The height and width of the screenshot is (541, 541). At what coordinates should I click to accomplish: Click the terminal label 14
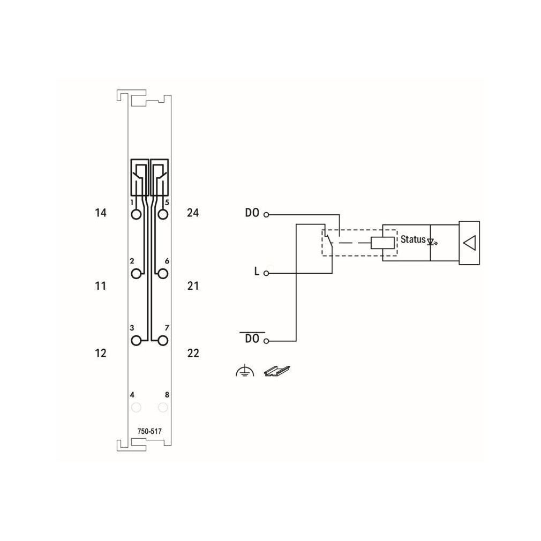pos(100,213)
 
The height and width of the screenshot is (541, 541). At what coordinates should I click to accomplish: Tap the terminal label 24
pos(193,213)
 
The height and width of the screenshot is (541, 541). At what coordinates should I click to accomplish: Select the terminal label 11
pos(100,285)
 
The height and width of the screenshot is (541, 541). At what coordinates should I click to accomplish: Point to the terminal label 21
pos(193,285)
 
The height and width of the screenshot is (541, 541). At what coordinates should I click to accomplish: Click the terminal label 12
pos(100,353)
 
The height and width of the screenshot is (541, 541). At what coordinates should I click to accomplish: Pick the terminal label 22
pos(193,353)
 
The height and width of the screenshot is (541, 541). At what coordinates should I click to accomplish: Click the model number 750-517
pos(149,431)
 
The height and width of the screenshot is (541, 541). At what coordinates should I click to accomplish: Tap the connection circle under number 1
pos(136,215)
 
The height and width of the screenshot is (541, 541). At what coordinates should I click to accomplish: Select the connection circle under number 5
pos(163,215)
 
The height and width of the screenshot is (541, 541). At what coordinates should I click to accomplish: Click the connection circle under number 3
pos(136,341)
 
